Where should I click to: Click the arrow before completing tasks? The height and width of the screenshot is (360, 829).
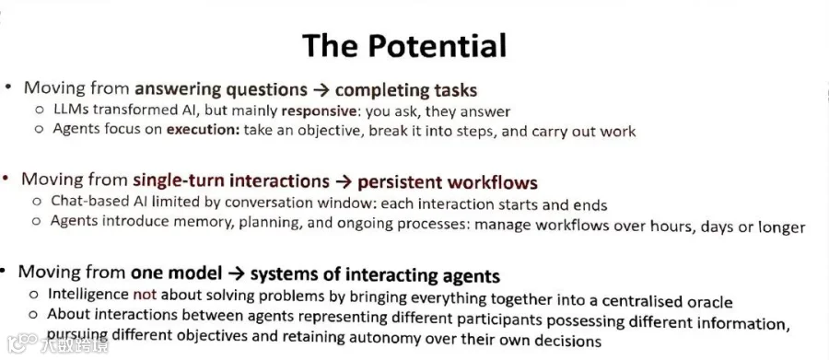click(321, 90)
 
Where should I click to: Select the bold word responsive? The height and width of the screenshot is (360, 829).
click(320, 111)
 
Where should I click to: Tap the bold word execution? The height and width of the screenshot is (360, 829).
click(204, 131)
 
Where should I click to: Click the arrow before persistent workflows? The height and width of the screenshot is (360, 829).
click(344, 182)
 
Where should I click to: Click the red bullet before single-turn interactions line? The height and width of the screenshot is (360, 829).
click(6, 179)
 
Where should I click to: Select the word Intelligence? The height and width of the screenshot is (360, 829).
click(88, 294)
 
